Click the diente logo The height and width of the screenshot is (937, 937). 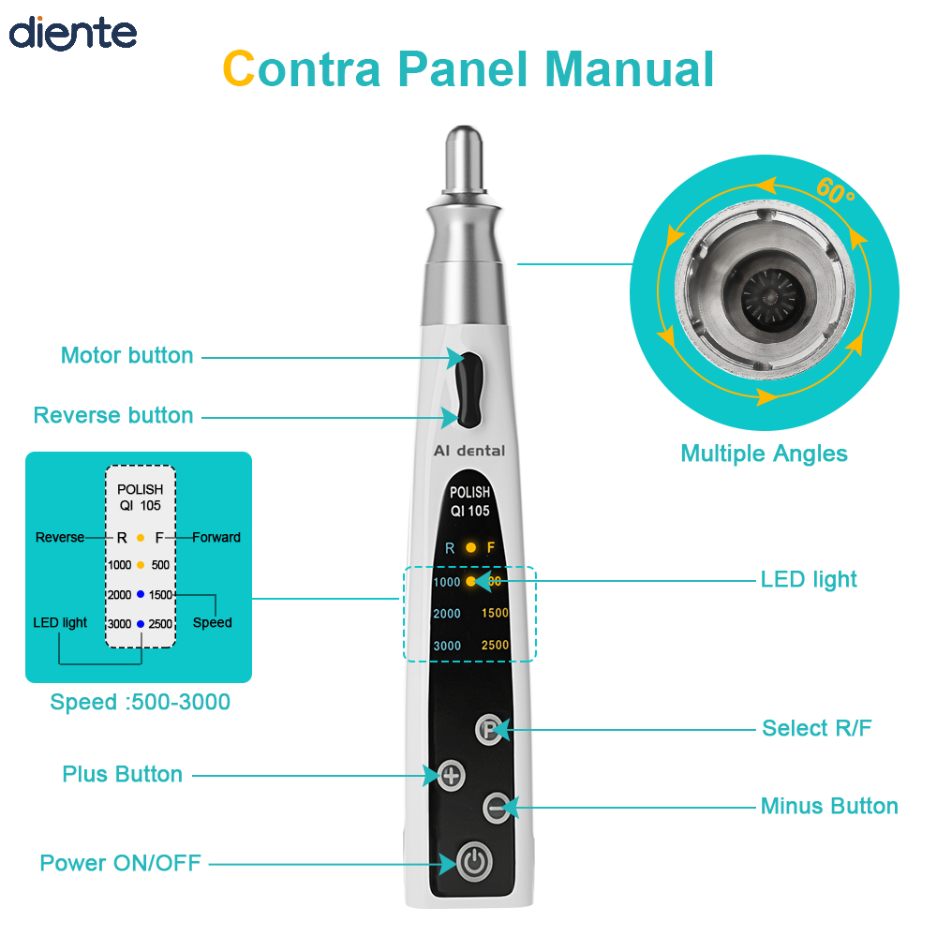(73, 33)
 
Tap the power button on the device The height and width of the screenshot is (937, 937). (474, 862)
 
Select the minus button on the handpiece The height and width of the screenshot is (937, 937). (497, 808)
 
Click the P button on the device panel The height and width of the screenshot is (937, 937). (489, 729)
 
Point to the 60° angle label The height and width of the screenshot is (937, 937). (836, 190)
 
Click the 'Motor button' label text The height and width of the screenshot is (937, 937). (126, 355)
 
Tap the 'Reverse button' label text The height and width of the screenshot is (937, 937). (113, 415)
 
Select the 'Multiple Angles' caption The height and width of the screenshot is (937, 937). (764, 454)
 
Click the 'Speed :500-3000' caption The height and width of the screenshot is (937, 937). (140, 702)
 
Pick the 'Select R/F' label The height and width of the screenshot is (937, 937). (816, 728)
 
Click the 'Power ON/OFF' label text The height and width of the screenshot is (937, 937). (120, 863)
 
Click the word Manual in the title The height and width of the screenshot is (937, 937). (630, 68)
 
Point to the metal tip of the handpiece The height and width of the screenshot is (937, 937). (465, 159)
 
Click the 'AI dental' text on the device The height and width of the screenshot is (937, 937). (469, 451)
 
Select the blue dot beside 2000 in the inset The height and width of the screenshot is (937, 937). (141, 594)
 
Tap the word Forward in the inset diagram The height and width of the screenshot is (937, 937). (216, 537)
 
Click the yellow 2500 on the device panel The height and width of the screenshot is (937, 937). (495, 645)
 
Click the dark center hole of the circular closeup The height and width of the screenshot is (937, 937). (769, 296)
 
